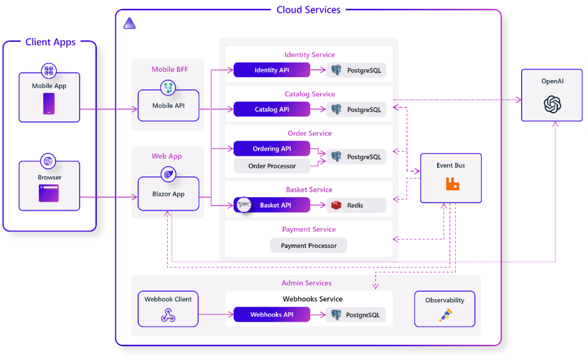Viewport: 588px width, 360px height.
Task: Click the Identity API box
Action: click(272, 70)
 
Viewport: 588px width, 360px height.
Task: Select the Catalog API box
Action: click(272, 109)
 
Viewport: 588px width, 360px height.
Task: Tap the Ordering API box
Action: click(272, 149)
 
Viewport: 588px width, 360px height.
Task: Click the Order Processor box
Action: click(272, 166)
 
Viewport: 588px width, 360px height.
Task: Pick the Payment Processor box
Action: click(309, 246)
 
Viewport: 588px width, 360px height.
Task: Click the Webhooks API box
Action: click(272, 315)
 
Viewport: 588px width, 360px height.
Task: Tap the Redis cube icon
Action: click(337, 205)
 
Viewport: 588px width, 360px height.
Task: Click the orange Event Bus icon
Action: click(452, 184)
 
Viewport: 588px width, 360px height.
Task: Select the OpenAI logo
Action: click(552, 104)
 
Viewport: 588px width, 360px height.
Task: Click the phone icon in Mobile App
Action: click(49, 103)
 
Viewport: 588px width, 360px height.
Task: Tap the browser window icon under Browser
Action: click(49, 193)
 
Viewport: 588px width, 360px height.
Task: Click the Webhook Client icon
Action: click(168, 315)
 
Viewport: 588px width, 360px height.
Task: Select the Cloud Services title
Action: click(308, 9)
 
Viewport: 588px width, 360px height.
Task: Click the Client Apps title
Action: click(50, 42)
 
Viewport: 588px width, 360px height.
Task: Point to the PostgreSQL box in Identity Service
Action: click(357, 70)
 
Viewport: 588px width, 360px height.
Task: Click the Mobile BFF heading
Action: click(170, 69)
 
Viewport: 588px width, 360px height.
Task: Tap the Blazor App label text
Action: click(168, 194)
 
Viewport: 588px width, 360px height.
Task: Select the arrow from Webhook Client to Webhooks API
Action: click(216, 315)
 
